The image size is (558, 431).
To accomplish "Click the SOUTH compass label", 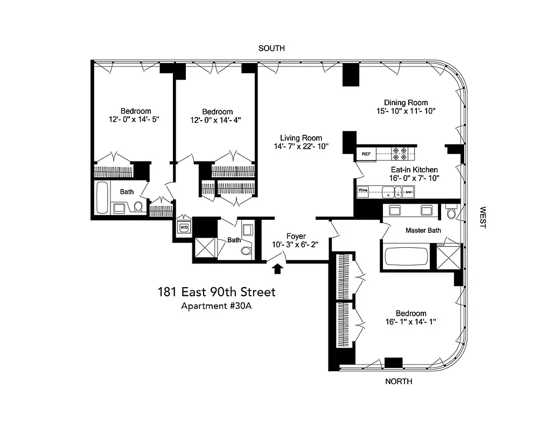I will [x=271, y=48].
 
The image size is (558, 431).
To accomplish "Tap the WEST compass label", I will [x=483, y=218].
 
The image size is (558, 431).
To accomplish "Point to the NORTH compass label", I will [x=399, y=381].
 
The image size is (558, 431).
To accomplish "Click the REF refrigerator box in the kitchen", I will [x=366, y=154].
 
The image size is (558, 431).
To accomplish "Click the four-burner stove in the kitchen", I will [x=401, y=154].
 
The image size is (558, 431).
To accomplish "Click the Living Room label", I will [x=301, y=138].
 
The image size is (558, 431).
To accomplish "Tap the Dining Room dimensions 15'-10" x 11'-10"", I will [x=406, y=111].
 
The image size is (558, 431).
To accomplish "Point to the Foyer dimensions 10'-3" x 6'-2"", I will [x=296, y=245].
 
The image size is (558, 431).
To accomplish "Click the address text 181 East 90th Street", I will [x=217, y=292].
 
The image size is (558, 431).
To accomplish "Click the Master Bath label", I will [x=423, y=231].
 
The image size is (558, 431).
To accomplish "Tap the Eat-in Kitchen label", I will [x=414, y=170].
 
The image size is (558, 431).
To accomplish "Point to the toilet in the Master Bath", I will [x=451, y=213].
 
